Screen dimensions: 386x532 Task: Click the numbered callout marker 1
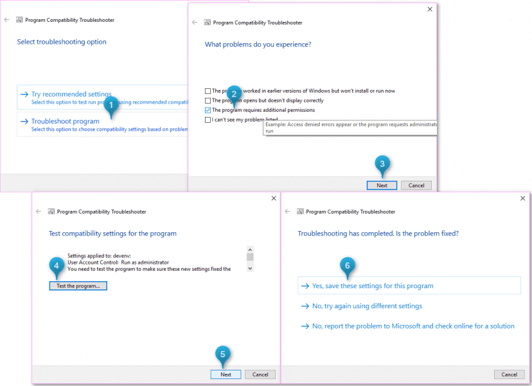click(112, 104)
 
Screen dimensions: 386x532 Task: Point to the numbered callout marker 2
click(234, 93)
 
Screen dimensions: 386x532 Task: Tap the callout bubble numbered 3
click(382, 163)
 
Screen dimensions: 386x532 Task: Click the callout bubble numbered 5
click(222, 353)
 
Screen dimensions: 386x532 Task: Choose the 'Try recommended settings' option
click(71, 95)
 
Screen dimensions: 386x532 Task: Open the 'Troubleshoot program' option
click(66, 121)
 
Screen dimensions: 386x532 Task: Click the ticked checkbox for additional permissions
click(208, 110)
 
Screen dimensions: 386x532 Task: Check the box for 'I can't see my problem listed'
click(208, 120)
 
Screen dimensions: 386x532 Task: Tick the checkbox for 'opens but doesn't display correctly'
click(208, 100)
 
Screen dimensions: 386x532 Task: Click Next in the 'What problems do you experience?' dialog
click(382, 185)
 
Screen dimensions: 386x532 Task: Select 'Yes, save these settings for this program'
click(373, 286)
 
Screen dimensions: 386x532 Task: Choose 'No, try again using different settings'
click(367, 306)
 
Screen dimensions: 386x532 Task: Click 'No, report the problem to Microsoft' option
click(413, 326)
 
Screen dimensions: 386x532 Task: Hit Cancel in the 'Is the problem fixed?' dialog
click(509, 374)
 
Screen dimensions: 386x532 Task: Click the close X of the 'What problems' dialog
click(430, 10)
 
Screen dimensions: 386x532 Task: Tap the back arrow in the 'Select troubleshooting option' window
click(6, 20)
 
